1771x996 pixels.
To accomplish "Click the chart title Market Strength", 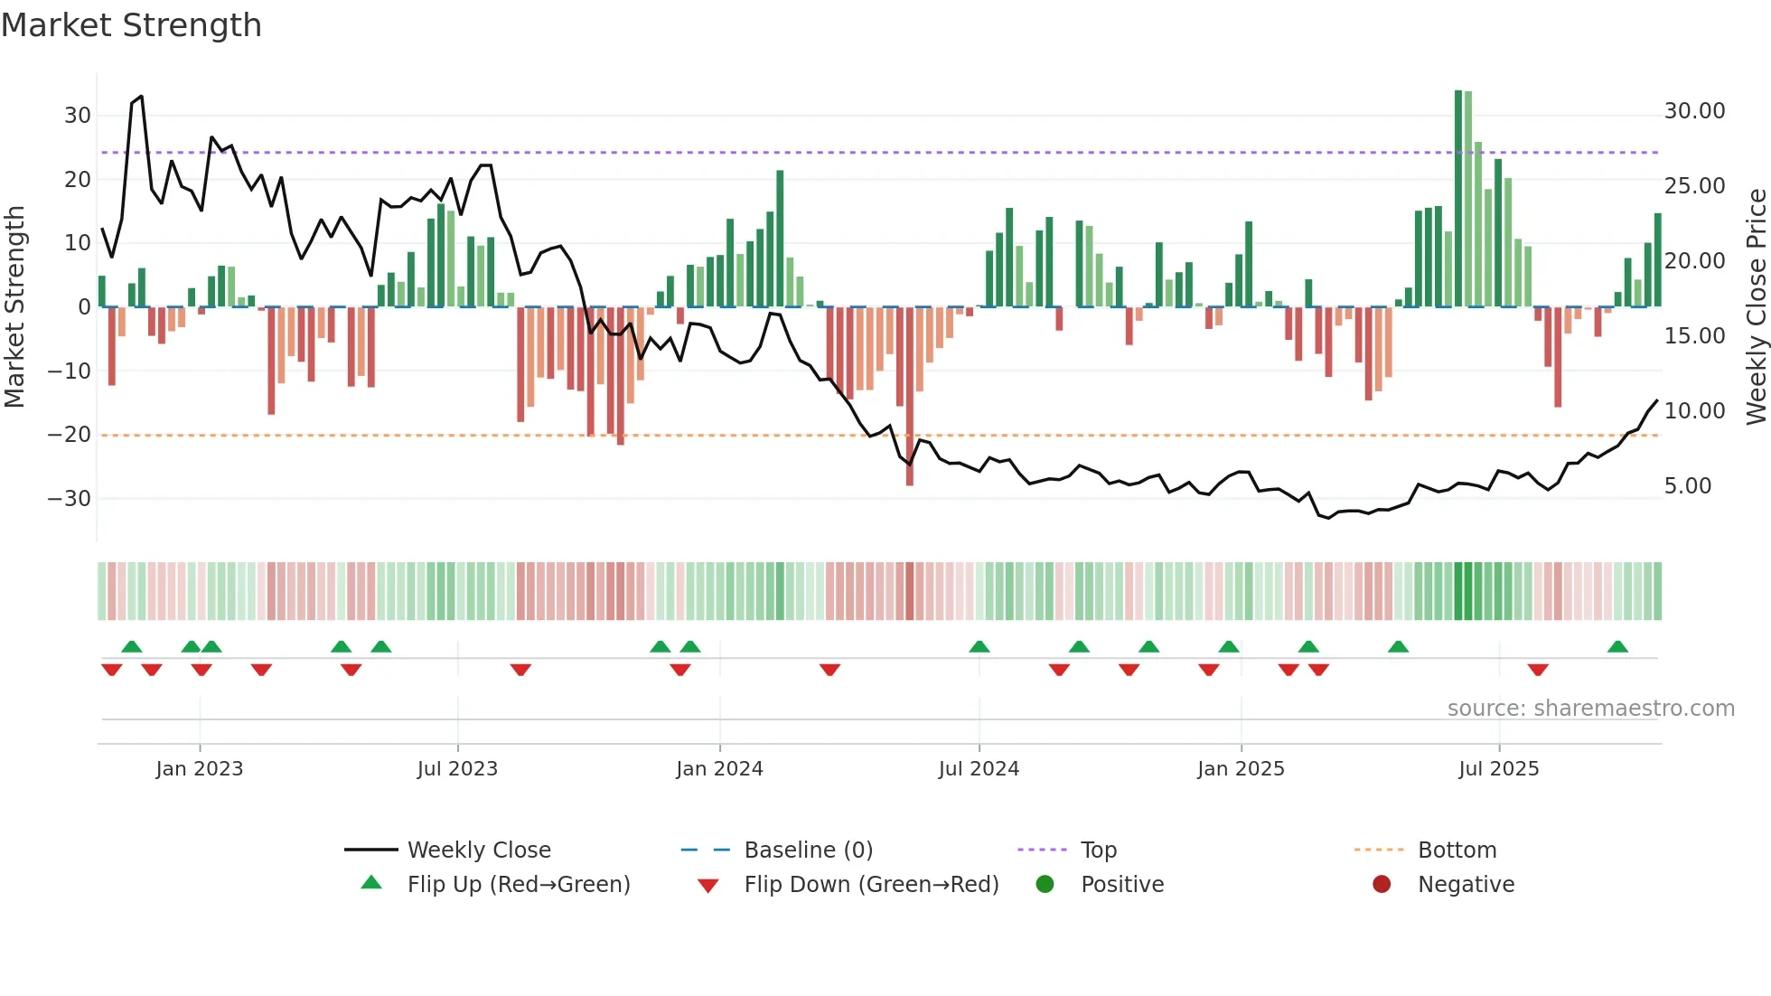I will point(131,25).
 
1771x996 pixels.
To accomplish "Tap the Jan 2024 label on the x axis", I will point(719,769).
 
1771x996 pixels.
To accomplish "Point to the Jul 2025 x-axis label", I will point(1498,769).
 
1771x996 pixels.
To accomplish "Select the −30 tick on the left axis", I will point(69,499).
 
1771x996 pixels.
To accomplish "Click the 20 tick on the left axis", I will point(77,180).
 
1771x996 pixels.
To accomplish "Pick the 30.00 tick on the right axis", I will point(1694,111).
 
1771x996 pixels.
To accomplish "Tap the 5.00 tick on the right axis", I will point(1687,486).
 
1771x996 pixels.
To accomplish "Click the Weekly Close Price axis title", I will point(1756,307).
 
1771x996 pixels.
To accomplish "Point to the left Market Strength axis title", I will point(14,307).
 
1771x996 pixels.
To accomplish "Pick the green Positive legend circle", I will point(1045,885).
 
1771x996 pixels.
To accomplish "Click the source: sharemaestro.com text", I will point(1590,709).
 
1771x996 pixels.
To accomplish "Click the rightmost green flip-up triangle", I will point(1617,647).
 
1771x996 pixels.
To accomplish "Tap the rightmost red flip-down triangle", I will point(1538,670).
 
